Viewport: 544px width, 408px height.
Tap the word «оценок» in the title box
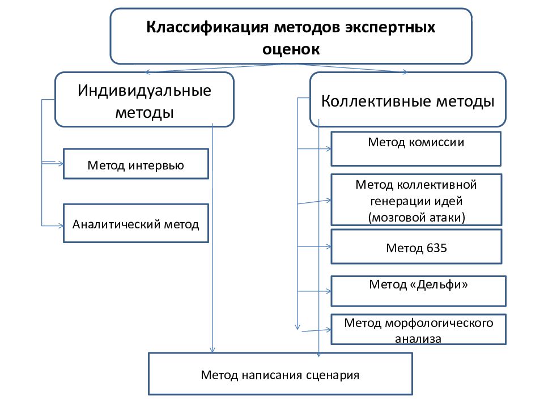coord(291,49)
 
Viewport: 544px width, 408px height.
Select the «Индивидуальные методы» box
coord(144,100)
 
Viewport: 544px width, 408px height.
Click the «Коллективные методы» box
coord(407,100)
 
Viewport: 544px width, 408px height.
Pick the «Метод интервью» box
coord(136,164)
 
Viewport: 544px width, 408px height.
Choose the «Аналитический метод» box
coord(136,223)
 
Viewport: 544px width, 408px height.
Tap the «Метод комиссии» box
coord(416,149)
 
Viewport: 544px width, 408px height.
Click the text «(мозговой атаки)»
coord(416,218)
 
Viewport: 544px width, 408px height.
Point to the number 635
coord(436,248)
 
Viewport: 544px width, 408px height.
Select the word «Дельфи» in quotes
coord(439,284)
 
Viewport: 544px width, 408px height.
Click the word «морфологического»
coord(439,323)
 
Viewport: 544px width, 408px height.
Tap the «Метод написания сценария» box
coord(280,373)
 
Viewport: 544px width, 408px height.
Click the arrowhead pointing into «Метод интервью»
coord(61,164)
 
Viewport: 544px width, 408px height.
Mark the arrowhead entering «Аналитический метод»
coord(61,226)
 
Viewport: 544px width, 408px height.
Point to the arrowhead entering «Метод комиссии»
coord(329,149)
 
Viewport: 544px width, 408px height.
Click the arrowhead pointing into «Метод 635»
coord(329,246)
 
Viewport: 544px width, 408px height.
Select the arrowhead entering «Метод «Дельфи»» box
coord(329,291)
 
